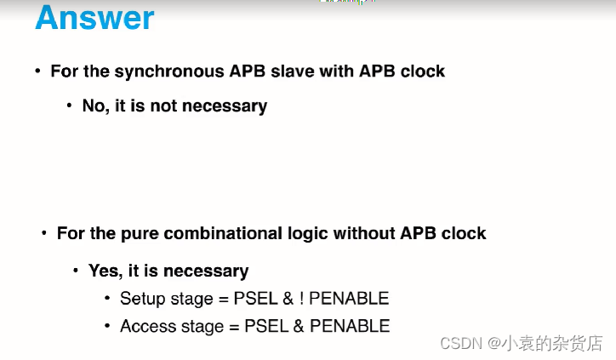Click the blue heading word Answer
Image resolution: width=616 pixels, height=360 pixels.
pyautogui.click(x=94, y=19)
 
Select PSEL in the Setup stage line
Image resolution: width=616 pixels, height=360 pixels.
pyautogui.click(x=265, y=299)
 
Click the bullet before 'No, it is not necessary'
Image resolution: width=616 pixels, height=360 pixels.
pyautogui.click(x=69, y=106)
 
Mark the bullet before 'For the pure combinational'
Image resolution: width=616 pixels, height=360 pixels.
pyautogui.click(x=43, y=233)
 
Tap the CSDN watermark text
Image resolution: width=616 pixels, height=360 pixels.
pyautogui.click(x=522, y=343)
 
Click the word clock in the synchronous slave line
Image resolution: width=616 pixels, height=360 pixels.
pyautogui.click(x=423, y=71)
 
